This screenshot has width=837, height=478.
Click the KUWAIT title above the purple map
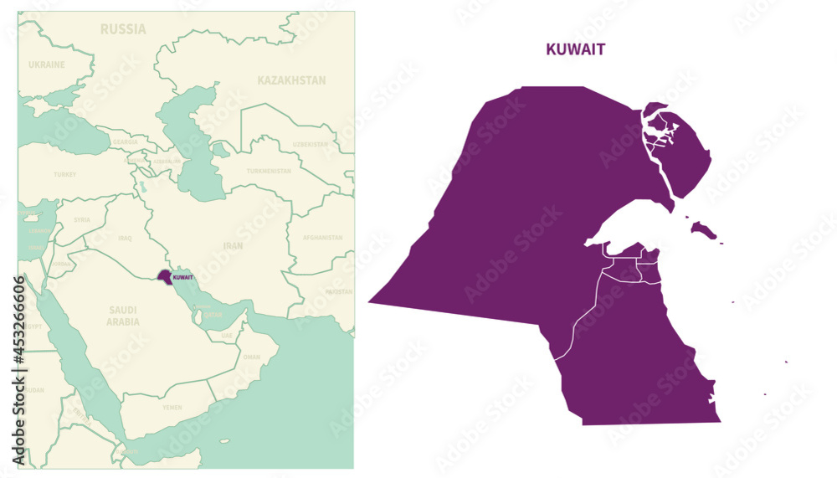click(x=575, y=49)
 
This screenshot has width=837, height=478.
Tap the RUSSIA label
click(x=123, y=29)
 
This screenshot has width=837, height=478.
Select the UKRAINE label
click(x=47, y=64)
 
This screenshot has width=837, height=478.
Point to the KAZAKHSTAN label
click(x=291, y=80)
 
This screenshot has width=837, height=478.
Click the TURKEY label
click(x=64, y=175)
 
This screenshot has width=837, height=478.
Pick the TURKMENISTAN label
click(x=269, y=171)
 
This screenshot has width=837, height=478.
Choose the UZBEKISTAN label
click(x=310, y=145)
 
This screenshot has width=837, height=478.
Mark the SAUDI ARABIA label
click(x=123, y=316)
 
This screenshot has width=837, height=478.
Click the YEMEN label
click(x=172, y=408)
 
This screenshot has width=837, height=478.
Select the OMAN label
click(x=251, y=357)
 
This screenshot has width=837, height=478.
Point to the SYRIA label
click(x=82, y=220)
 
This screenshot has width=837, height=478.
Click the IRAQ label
click(x=125, y=238)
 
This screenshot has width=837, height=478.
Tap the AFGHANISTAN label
click(x=322, y=238)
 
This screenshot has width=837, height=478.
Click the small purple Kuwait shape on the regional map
click(x=163, y=275)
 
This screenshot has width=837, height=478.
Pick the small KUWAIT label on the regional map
click(x=182, y=277)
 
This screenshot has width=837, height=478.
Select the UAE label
click(x=227, y=335)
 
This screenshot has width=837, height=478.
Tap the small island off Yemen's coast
click(x=223, y=441)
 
